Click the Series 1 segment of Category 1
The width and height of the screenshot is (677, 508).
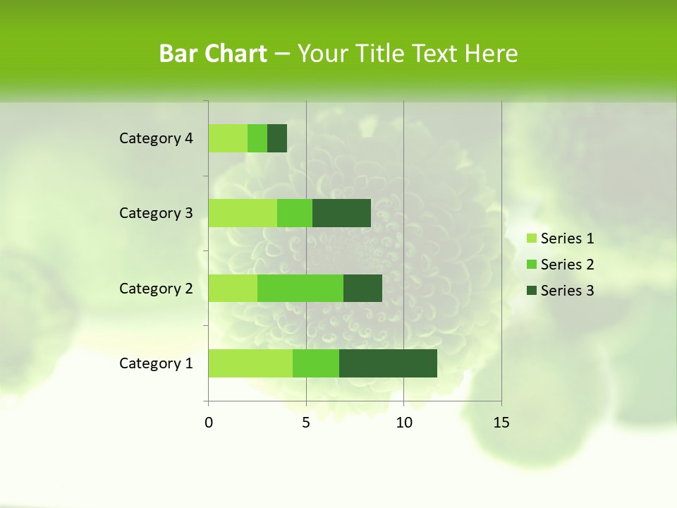point(250,363)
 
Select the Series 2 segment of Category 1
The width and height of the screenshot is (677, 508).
point(316,363)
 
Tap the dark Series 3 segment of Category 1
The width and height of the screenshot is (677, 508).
point(388,363)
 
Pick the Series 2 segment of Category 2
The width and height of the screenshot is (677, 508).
point(300,288)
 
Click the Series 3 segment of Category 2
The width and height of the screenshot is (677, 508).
point(362,288)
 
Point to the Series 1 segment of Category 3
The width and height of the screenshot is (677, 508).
point(243,213)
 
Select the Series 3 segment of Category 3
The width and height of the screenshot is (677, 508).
point(341,213)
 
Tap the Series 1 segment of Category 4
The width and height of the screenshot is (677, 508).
point(228,138)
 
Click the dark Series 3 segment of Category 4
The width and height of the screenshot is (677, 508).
point(277,138)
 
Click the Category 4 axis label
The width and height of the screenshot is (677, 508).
point(156,138)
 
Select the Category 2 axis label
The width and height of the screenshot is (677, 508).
point(156,288)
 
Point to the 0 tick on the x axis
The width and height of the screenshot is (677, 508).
point(209,423)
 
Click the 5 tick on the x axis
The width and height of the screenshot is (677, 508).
point(306,423)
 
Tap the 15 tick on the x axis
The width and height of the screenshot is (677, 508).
point(501,423)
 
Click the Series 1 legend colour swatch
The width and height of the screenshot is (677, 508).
point(532,238)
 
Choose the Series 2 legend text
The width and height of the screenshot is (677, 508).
point(567,265)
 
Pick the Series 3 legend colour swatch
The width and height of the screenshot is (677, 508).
point(532,291)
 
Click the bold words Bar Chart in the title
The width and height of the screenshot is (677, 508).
point(213,54)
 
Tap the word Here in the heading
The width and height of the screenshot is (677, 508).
point(492,54)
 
